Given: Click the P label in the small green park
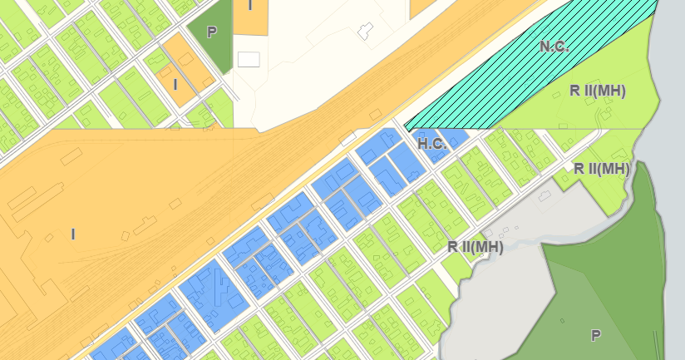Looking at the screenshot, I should [x=211, y=32].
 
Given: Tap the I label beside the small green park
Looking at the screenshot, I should [x=175, y=84].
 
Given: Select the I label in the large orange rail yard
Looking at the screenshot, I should [x=72, y=234].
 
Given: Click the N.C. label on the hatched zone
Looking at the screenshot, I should [x=554, y=47].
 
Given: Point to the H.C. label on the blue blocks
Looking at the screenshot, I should [x=432, y=144].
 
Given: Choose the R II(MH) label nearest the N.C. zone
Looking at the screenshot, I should [x=598, y=91].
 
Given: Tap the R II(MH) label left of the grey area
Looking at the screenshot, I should [x=476, y=246].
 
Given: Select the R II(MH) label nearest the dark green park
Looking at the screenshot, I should [x=602, y=169].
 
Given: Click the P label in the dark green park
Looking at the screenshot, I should [x=595, y=335].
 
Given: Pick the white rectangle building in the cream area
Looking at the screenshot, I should [x=249, y=59].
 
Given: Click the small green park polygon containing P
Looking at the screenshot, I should [x=208, y=42].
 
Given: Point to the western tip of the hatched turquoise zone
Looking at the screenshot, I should [x=406, y=126].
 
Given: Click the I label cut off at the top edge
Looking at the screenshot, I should [x=250, y=5].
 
